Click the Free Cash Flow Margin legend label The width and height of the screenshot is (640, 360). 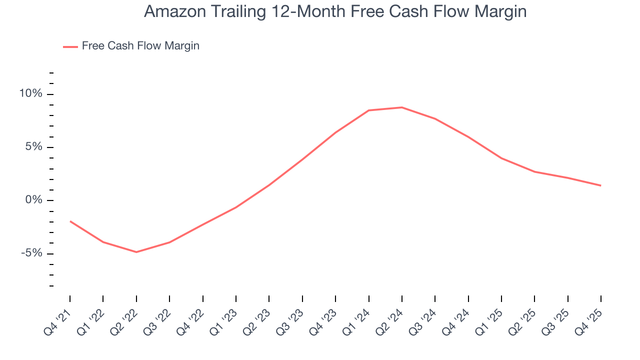pyautogui.click(x=140, y=46)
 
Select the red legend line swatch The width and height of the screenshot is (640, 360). pyautogui.click(x=70, y=46)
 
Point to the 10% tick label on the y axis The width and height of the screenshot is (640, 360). pyautogui.click(x=30, y=94)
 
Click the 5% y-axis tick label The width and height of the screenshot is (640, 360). pyautogui.click(x=33, y=147)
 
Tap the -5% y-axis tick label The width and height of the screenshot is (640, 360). pyautogui.click(x=31, y=253)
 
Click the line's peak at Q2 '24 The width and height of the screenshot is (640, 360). pyautogui.click(x=401, y=107)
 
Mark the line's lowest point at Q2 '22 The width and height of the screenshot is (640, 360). pyautogui.click(x=136, y=252)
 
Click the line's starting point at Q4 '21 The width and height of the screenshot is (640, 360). pyautogui.click(x=70, y=221)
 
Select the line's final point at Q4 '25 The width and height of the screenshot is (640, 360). pyautogui.click(x=600, y=185)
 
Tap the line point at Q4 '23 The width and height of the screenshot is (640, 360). pyautogui.click(x=335, y=132)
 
